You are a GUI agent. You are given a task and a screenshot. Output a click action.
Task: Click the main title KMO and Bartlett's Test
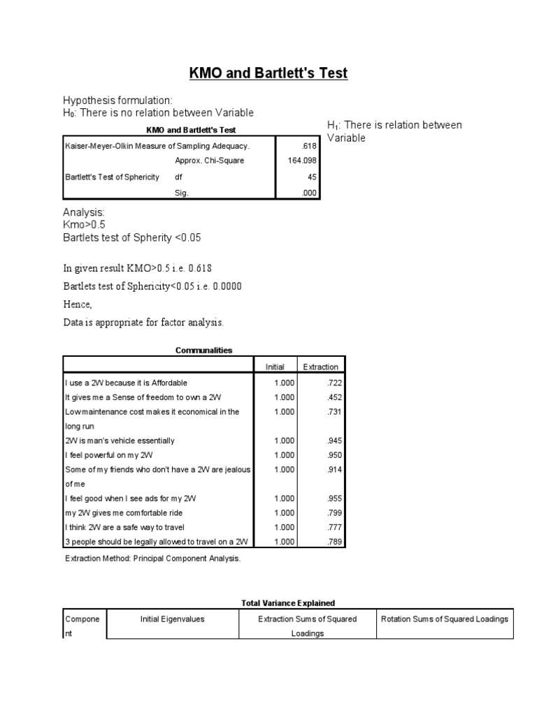[x=269, y=73]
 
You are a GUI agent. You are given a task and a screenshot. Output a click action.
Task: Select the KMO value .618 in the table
[x=308, y=146]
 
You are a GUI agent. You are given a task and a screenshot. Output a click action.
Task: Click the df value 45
[x=312, y=177]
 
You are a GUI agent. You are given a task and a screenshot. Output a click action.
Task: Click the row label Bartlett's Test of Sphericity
[x=112, y=177]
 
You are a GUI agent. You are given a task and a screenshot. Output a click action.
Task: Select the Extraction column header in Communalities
[x=321, y=367]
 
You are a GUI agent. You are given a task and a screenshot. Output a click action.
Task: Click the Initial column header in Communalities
[x=274, y=367]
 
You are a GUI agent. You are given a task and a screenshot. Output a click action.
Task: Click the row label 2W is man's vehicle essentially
[x=120, y=441]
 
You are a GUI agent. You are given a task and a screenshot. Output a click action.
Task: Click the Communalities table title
[x=204, y=351]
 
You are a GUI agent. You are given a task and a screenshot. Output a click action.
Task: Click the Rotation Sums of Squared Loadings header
[x=444, y=619]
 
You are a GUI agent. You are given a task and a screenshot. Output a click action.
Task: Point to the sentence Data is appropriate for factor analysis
[x=143, y=323]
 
